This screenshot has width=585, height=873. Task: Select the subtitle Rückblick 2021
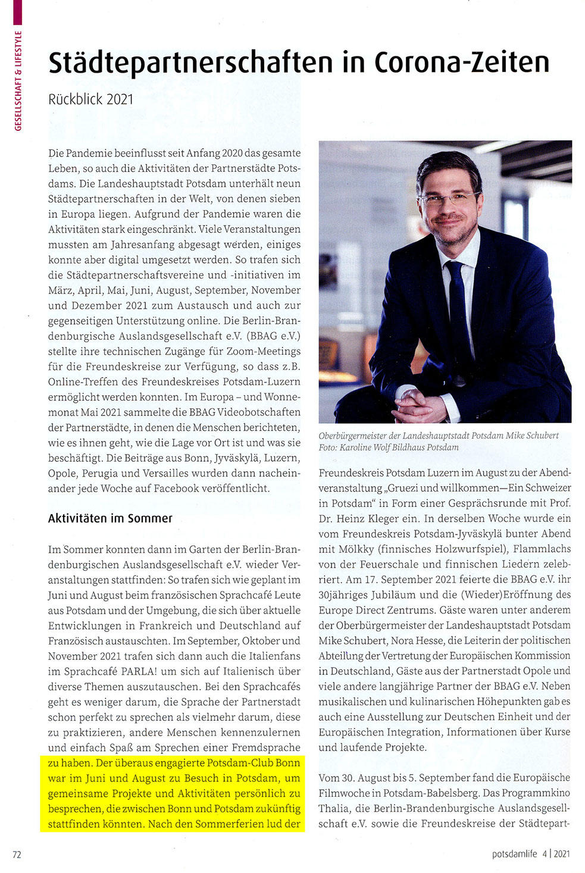pyautogui.click(x=90, y=99)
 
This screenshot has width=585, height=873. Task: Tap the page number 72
pyautogui.click(x=17, y=854)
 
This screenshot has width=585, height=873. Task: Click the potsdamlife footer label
pyautogui.click(x=515, y=854)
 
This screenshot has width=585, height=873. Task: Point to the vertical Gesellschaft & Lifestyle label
pyautogui.click(x=18, y=80)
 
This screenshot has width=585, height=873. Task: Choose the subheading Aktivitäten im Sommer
pyautogui.click(x=110, y=518)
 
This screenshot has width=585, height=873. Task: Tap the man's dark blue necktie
pyautogui.click(x=459, y=315)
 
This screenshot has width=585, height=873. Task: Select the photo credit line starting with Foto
pyautogui.click(x=389, y=447)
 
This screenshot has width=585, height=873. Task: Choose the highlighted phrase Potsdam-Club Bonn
pyautogui.click(x=254, y=763)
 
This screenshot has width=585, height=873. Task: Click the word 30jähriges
pyautogui.click(x=346, y=594)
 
